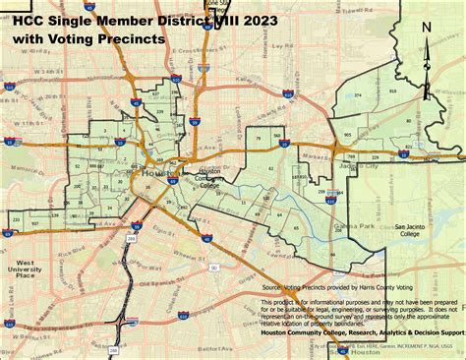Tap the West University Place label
[26, 270]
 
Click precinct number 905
[348, 134]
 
